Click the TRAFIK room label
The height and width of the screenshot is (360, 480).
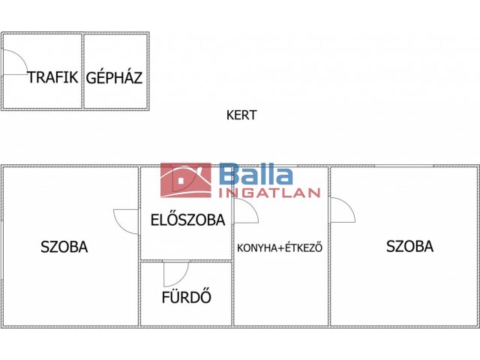click(53, 77)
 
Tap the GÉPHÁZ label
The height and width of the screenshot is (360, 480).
click(114, 77)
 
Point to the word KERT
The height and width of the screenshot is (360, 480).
click(241, 115)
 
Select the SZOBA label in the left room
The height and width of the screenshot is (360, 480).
click(64, 247)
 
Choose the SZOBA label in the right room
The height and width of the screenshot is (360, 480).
click(409, 246)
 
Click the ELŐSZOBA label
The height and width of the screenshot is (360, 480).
click(187, 220)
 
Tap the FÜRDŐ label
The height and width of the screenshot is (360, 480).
click(186, 297)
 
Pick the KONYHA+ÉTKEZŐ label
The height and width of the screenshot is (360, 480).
click(280, 247)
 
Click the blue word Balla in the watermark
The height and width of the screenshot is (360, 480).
click(256, 175)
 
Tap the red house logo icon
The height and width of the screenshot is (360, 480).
click(186, 181)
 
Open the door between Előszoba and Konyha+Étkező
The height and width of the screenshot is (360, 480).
click(245, 213)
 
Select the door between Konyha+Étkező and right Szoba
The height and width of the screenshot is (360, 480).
click(342, 210)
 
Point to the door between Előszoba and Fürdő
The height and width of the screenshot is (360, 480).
click(175, 273)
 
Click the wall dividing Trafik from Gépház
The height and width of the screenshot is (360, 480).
click(82, 71)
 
